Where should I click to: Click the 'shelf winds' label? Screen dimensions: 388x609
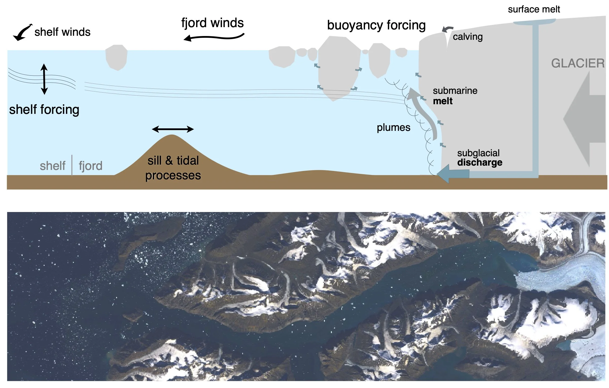[x=62, y=32]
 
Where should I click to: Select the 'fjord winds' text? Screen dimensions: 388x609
[x=213, y=23]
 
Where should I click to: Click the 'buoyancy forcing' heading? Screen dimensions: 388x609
[x=376, y=25]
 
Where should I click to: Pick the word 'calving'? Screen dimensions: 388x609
[x=468, y=37]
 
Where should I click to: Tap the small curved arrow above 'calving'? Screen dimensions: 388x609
[x=447, y=29]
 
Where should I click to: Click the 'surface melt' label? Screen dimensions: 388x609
[x=534, y=9]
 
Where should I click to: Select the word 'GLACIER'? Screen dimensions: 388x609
[x=578, y=63]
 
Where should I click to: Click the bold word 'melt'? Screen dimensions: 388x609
[x=443, y=101]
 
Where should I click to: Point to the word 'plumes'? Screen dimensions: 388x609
[x=393, y=128]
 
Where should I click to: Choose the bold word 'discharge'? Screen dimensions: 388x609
[x=480, y=162]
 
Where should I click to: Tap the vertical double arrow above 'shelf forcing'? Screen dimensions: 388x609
[x=44, y=79]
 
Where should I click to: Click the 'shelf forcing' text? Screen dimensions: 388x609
[x=44, y=110]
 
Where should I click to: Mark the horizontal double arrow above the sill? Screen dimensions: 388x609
[x=173, y=129]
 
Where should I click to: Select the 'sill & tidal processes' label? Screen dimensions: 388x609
[x=173, y=168]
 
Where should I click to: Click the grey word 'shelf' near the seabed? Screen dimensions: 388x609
[x=53, y=166]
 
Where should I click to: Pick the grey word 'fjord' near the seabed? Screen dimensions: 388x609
[x=91, y=166]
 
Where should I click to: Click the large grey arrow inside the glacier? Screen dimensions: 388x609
[x=583, y=119]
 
